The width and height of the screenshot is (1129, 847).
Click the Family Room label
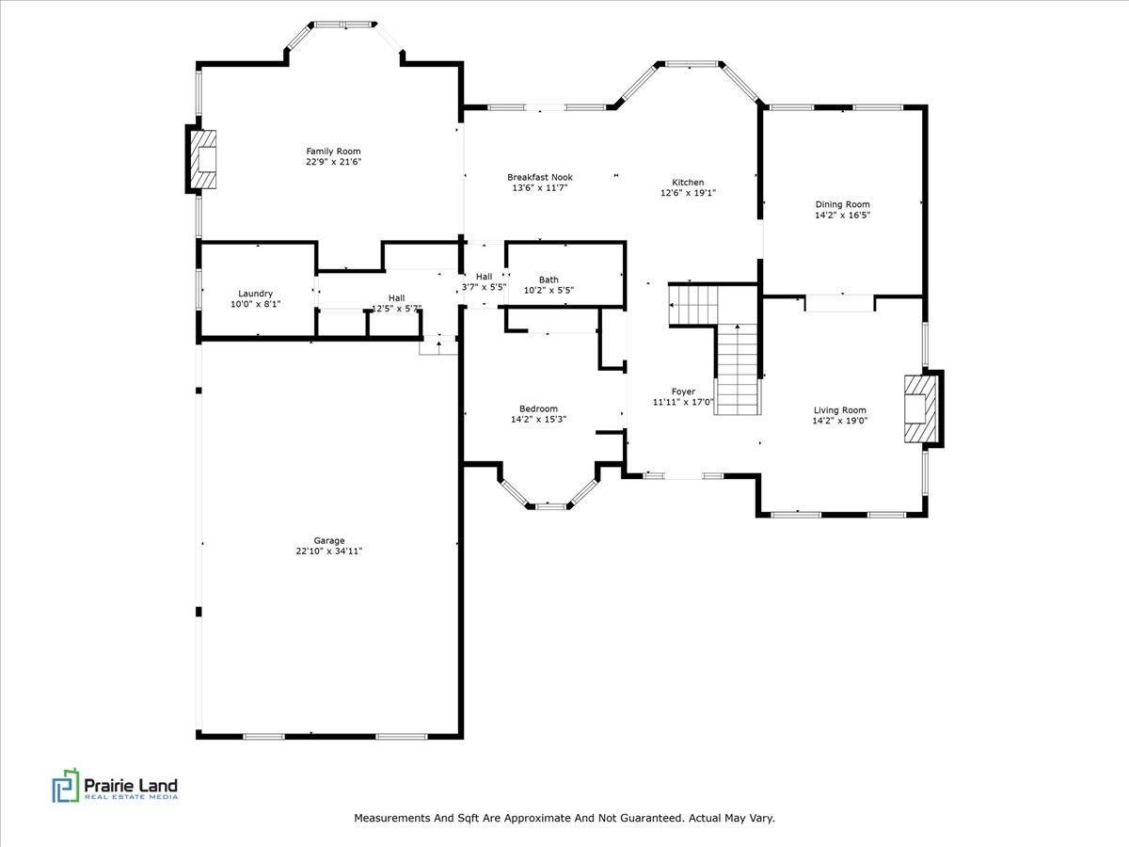pos(333,152)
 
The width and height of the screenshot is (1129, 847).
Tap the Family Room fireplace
pos(204,159)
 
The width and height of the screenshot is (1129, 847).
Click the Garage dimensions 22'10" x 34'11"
pos(328,551)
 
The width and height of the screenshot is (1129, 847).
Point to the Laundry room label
pos(255,294)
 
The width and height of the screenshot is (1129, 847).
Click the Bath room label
pos(549,280)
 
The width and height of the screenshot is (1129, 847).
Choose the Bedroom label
pos(538,408)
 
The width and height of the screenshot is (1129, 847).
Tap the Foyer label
pos(683,392)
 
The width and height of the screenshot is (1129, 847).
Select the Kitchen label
pos(688,183)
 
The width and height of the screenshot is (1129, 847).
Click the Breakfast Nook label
pos(539,177)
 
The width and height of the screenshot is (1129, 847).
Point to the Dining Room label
pos(842,204)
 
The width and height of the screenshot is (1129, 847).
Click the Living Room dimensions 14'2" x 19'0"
pos(840,421)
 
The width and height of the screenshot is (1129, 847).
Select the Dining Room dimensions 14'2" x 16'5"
pos(842,216)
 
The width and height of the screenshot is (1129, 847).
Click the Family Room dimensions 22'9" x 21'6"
pos(333,162)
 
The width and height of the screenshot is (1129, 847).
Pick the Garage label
pos(328,540)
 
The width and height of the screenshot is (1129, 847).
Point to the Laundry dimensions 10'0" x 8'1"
pos(255,304)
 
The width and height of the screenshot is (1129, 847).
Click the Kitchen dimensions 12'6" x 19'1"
pos(688,194)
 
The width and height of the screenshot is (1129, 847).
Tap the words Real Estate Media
pos(131,797)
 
